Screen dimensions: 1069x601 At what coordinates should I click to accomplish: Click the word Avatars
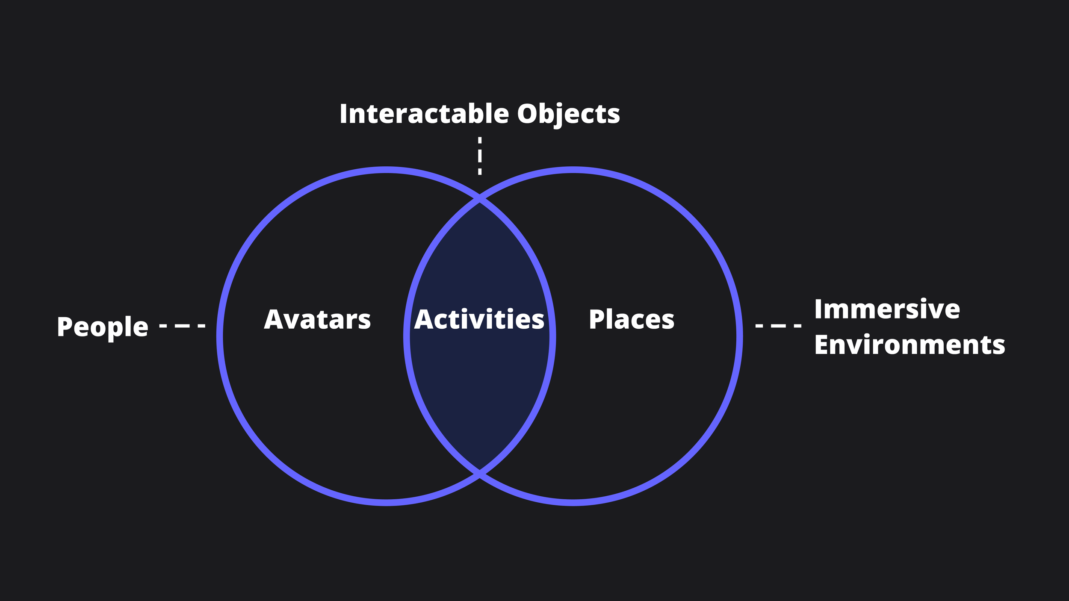coord(317,320)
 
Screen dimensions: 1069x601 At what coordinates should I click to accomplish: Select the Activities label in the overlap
coord(479,320)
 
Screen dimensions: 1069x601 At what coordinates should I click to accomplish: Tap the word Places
coord(632,320)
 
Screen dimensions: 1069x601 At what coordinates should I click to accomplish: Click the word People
coord(103,327)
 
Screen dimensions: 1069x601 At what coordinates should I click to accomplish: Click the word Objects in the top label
coord(568,114)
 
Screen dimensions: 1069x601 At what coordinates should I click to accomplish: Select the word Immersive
coord(887,309)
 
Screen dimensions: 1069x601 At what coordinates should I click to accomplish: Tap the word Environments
coord(910,345)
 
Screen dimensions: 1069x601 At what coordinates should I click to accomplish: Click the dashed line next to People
coord(182,326)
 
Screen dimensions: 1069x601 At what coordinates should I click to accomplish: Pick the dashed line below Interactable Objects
coord(480,156)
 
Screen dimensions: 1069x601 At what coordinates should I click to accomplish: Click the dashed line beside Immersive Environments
coord(778,326)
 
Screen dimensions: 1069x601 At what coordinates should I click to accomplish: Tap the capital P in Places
coord(597,320)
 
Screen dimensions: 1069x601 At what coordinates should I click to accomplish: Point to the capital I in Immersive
coord(818,309)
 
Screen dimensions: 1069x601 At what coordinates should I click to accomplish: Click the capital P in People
coord(64,327)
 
